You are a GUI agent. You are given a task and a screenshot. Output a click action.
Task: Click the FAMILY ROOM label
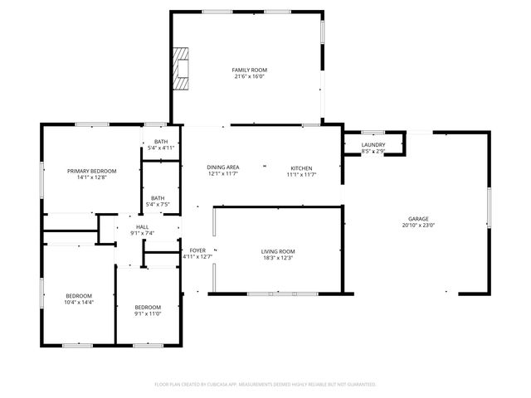point(250,70)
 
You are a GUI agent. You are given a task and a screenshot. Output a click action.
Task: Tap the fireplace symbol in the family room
point(181,66)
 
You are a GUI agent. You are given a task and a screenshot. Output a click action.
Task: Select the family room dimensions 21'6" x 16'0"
point(250,76)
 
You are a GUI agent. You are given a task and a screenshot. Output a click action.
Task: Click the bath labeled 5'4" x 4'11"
point(161,145)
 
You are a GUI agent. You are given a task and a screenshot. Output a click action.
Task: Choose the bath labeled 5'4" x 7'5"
point(158,201)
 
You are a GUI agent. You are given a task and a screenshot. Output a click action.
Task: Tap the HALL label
point(142,227)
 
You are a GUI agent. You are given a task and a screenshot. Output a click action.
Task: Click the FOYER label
point(197,250)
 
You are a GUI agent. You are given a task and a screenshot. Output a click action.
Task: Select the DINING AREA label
point(223,167)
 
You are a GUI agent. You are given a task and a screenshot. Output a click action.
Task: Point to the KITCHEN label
point(301,167)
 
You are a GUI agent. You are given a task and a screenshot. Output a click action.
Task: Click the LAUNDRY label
point(373,145)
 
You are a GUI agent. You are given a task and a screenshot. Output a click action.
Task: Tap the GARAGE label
point(417,218)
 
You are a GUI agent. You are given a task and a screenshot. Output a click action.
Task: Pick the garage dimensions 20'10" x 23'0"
point(417,225)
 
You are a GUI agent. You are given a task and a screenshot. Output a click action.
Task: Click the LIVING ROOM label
point(278,251)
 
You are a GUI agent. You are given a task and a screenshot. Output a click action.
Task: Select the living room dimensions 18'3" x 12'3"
point(278,258)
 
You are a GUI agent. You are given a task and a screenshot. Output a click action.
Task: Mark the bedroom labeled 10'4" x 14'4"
point(79,299)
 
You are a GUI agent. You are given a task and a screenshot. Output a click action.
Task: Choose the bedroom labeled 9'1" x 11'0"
point(147,309)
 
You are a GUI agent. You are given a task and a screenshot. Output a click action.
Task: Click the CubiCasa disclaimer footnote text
point(265,385)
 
